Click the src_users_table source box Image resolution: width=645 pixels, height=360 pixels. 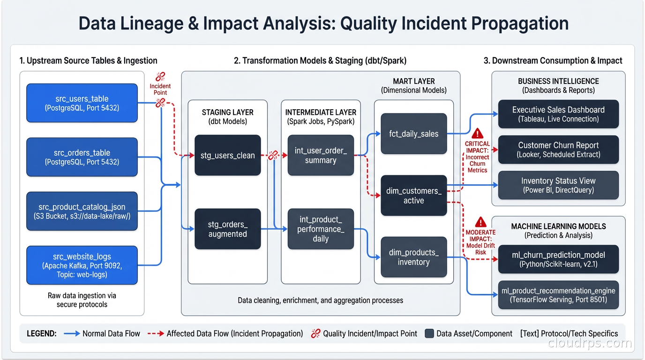(x=82, y=103)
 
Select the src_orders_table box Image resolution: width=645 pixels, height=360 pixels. (x=82, y=157)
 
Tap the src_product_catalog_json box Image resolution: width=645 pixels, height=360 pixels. (x=82, y=211)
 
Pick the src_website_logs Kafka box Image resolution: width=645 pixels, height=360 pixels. (x=82, y=265)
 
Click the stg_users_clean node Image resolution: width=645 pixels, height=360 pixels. (x=227, y=155)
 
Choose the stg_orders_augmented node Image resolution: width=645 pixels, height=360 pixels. (x=227, y=229)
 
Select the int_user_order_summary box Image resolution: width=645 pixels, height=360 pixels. (x=321, y=155)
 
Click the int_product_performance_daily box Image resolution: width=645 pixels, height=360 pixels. (x=321, y=229)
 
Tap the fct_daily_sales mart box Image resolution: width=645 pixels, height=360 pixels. (x=413, y=134)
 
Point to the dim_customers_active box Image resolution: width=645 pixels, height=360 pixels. (x=413, y=195)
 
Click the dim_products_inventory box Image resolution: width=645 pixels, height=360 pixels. (x=413, y=257)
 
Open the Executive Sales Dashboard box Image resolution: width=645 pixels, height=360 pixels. (x=558, y=114)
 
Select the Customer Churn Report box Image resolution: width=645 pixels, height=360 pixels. (x=558, y=150)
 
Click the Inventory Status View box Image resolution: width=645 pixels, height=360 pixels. (x=558, y=185)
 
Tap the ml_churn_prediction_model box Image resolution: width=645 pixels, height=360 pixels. (x=558, y=259)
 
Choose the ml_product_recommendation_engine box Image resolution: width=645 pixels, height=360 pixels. (x=558, y=295)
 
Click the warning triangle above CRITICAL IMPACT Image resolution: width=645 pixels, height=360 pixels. (x=477, y=133)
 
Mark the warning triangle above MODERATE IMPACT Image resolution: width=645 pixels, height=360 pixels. (x=480, y=222)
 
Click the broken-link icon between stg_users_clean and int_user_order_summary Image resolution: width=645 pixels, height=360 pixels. (x=273, y=156)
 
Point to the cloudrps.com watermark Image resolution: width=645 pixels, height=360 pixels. (x=590, y=343)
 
